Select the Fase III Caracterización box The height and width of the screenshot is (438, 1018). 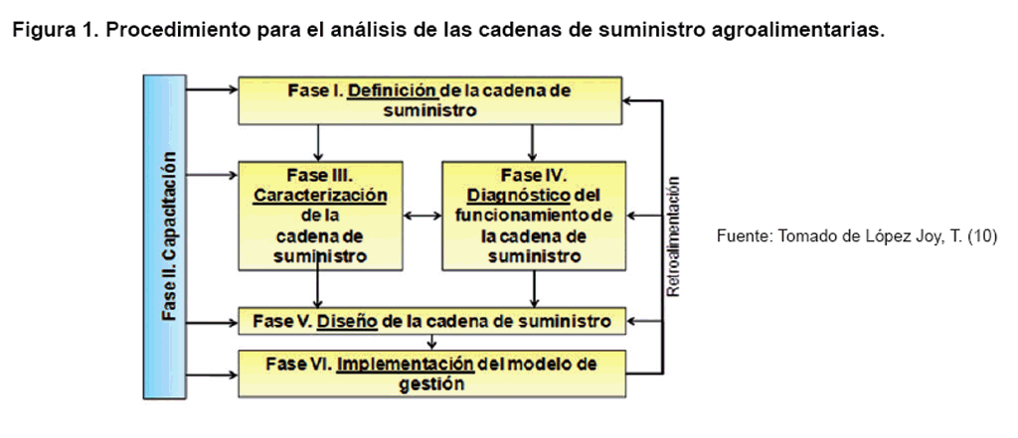[x=320, y=216]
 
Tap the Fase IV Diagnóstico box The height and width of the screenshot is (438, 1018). [x=534, y=216]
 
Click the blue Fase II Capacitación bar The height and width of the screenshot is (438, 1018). [x=170, y=236]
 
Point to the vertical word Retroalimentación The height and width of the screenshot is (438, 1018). [x=673, y=238]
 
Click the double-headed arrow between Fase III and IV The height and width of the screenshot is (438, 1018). [x=423, y=216]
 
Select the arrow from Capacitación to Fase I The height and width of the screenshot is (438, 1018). [x=213, y=89]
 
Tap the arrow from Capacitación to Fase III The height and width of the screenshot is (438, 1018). [x=213, y=175]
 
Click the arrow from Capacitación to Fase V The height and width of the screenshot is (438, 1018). [x=213, y=321]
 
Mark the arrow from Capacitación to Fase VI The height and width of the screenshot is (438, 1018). [x=213, y=374]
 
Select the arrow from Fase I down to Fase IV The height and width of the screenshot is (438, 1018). [x=534, y=142]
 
